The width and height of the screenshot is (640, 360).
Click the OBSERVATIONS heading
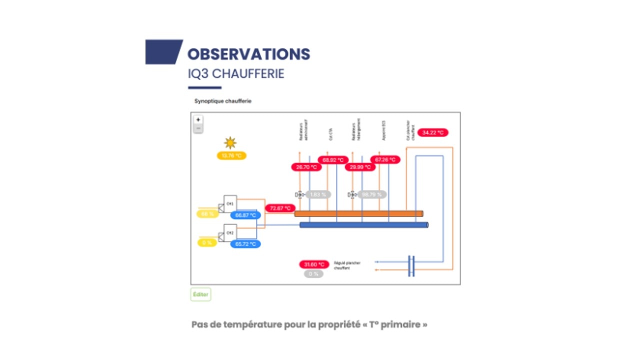(x=248, y=54)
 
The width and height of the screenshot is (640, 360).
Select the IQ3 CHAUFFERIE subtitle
(x=235, y=73)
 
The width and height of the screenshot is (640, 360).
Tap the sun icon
(x=230, y=143)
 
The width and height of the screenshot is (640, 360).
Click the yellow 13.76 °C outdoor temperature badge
(x=231, y=156)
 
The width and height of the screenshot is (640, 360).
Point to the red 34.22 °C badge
(x=433, y=132)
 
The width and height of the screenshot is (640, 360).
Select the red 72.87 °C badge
(x=280, y=208)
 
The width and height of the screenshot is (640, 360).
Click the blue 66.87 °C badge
(x=245, y=215)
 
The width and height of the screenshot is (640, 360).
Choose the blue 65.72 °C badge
(x=245, y=244)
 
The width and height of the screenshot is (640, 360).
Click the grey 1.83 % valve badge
(x=318, y=194)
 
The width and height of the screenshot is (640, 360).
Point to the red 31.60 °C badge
(x=314, y=264)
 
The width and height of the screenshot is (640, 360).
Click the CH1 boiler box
(x=230, y=203)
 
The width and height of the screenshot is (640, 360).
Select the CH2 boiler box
(x=230, y=232)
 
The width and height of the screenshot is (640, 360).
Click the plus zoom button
(x=198, y=120)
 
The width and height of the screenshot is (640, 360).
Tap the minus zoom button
(x=198, y=128)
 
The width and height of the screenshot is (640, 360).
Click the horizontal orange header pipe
(x=358, y=213)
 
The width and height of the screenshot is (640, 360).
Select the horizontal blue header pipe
(x=363, y=225)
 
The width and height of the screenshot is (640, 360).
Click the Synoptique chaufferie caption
(x=223, y=101)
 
